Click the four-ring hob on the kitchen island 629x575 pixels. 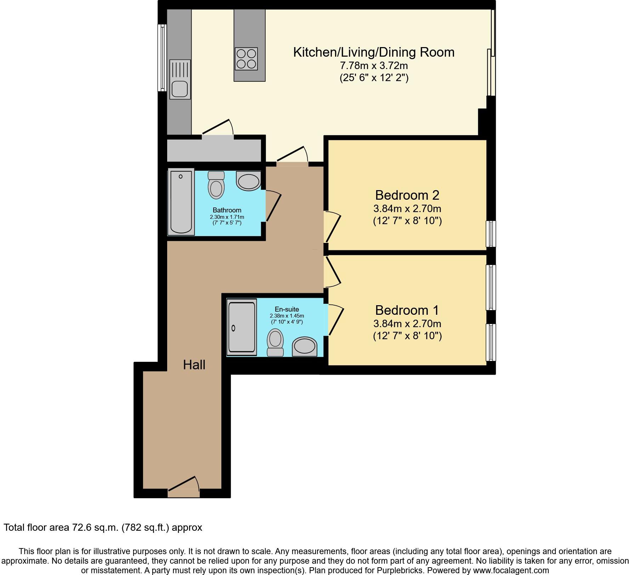[x=246, y=59]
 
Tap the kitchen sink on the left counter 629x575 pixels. [x=180, y=79]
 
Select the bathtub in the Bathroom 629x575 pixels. [x=181, y=202]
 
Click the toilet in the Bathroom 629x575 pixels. [x=216, y=185]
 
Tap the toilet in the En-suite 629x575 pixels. [x=275, y=342]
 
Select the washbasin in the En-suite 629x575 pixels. [x=305, y=346]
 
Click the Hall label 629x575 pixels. [x=194, y=365]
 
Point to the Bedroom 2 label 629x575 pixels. [x=407, y=195]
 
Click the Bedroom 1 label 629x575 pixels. [x=407, y=310]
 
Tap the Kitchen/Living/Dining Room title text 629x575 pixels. [x=374, y=52]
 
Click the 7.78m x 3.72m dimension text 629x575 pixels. [x=374, y=66]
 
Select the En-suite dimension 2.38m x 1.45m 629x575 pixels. [x=287, y=316]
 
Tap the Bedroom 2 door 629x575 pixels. [x=333, y=227]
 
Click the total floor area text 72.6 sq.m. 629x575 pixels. [x=103, y=528]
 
